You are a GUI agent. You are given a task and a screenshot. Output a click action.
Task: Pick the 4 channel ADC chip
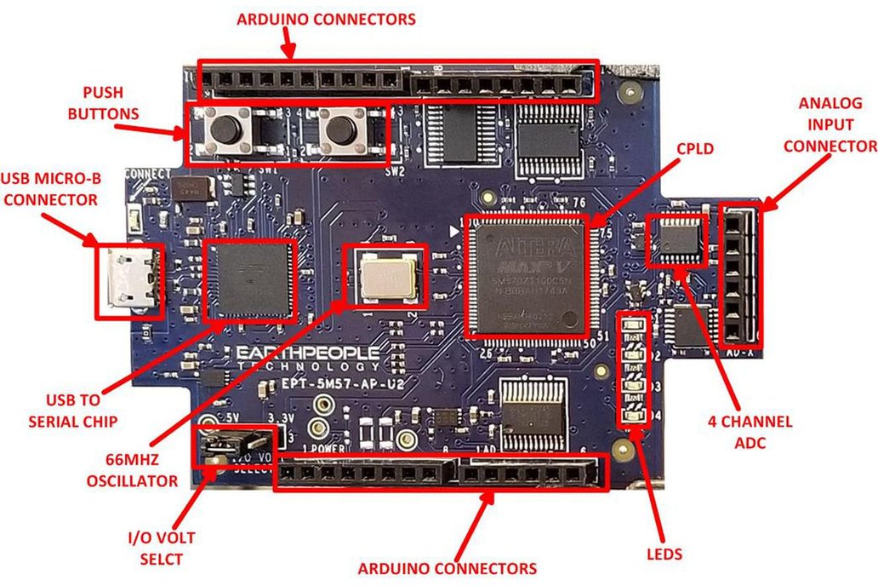point(677,238)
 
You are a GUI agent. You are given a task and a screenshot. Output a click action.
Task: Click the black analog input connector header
point(740,274)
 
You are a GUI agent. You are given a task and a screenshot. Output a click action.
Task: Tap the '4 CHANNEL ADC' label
point(750,430)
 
